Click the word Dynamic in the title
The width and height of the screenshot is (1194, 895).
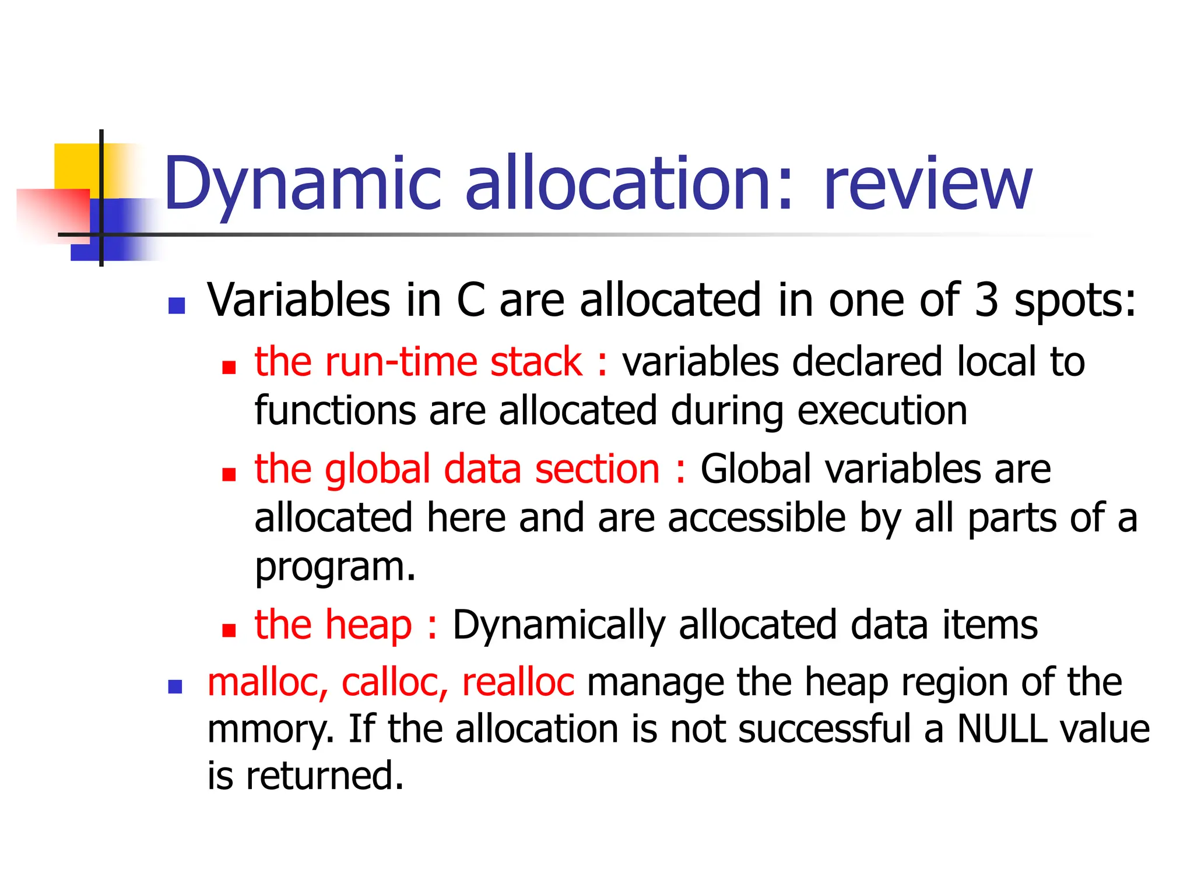point(303,184)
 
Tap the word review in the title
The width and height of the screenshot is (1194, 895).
point(927,184)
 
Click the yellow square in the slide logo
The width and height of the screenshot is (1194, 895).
point(76,166)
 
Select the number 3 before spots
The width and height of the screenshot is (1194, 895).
point(986,300)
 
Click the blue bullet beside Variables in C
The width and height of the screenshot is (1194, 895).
point(176,305)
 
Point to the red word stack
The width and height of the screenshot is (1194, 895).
point(536,362)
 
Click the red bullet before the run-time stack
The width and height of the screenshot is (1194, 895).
point(229,367)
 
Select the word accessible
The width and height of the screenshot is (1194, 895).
point(756,518)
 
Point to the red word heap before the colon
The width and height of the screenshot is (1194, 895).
point(368,625)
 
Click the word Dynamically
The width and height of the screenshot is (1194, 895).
point(559,625)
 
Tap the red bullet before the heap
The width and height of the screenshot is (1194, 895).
point(229,630)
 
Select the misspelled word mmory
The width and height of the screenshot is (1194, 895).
point(270,730)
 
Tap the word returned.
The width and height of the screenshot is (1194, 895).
point(325,776)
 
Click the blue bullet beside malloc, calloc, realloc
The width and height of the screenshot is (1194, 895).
point(175,687)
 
